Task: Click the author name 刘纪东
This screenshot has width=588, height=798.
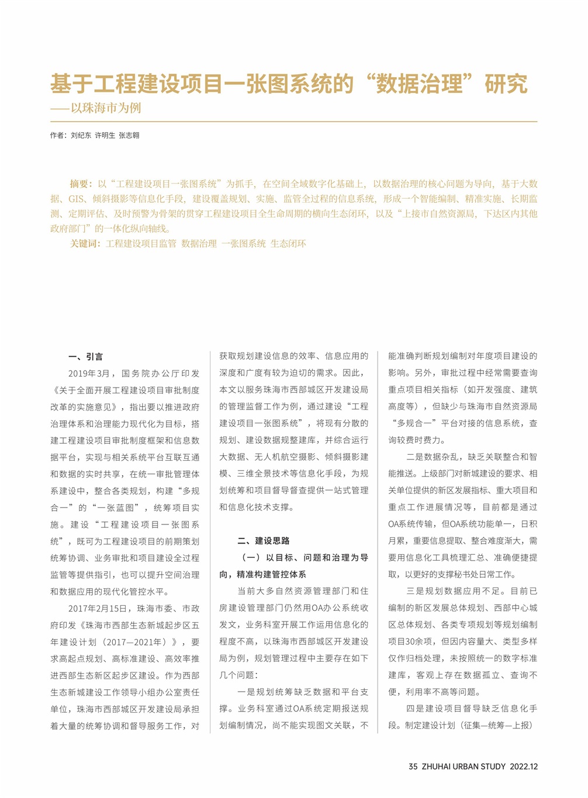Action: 81,135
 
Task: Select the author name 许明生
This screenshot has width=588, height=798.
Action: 105,135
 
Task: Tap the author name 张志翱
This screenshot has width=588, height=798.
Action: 129,135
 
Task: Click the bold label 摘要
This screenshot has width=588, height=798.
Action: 81,184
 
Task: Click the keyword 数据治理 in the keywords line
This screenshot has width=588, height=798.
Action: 199,243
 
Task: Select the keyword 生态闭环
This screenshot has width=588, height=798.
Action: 288,243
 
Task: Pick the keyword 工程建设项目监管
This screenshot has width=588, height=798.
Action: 141,243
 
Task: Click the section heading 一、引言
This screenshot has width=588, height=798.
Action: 85,357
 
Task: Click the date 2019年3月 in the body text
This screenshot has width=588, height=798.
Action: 89,374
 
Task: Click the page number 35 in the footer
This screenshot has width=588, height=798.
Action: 413,766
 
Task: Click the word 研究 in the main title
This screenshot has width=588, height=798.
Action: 506,84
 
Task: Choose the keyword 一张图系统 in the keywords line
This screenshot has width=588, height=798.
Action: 244,243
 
